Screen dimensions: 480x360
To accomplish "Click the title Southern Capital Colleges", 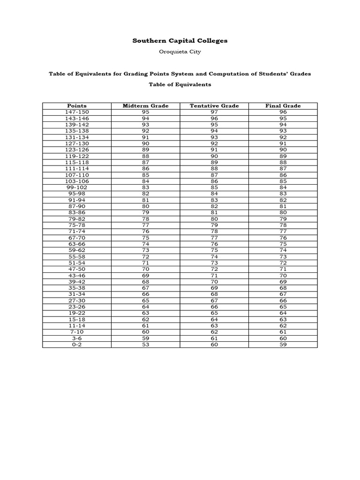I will click(180, 41).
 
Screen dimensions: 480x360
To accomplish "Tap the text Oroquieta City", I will click(180, 52).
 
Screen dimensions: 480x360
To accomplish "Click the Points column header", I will click(77, 106).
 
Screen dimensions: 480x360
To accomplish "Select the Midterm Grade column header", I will click(145, 106).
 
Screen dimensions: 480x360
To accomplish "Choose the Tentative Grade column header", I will click(214, 106).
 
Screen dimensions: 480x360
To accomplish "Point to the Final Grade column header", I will click(283, 106).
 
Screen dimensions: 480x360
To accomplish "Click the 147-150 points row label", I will click(77, 112).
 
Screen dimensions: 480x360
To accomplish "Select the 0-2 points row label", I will click(77, 345).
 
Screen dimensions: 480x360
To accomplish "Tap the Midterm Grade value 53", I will click(145, 345).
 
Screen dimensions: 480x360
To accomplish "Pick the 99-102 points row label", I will click(77, 187).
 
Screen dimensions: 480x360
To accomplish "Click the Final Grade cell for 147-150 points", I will click(283, 112).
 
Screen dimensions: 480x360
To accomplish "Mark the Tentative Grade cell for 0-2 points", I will click(214, 345).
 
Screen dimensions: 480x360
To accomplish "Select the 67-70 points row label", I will click(77, 238).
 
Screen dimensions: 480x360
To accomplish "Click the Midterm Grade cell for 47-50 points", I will click(145, 269).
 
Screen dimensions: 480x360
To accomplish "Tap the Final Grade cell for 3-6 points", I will click(283, 338).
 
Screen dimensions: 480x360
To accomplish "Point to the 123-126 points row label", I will click(77, 150).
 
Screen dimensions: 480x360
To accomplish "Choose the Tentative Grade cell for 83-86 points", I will click(214, 212).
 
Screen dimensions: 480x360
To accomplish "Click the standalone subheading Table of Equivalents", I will click(180, 85).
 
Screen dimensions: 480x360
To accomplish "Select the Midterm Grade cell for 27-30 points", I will click(145, 300).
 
